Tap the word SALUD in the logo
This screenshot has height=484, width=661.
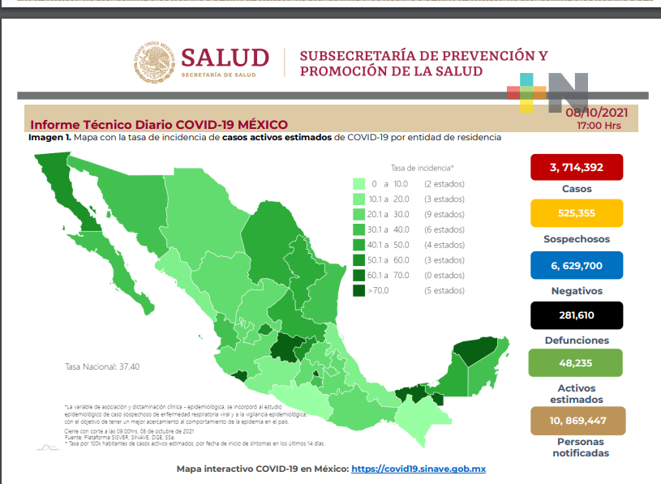pyautogui.click(x=225, y=58)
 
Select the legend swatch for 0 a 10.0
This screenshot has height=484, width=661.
pyautogui.click(x=357, y=184)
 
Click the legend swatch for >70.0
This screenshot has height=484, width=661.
pyautogui.click(x=357, y=290)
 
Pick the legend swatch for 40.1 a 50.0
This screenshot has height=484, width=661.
pyautogui.click(x=357, y=245)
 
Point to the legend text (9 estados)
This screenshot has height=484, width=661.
pyautogui.click(x=444, y=214)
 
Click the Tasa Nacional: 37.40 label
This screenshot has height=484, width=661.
pyautogui.click(x=102, y=366)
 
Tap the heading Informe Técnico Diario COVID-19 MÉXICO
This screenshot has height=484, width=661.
pyautogui.click(x=158, y=125)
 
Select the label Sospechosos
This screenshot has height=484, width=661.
pyautogui.click(x=577, y=239)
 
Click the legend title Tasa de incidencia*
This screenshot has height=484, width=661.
pyautogui.click(x=422, y=167)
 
